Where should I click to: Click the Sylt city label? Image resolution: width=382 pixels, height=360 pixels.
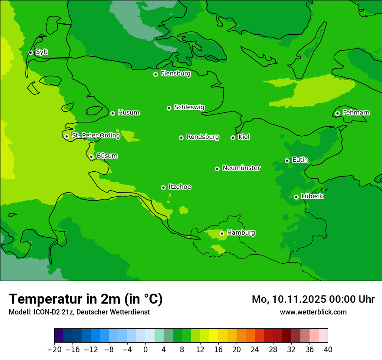click(x=42, y=52)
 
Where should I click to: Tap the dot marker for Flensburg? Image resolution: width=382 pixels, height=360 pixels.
click(x=155, y=74)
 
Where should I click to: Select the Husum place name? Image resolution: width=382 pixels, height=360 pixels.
click(x=128, y=113)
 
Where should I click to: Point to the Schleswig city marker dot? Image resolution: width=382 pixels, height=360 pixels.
click(x=169, y=108)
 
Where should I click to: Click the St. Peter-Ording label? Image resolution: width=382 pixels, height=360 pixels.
click(x=95, y=136)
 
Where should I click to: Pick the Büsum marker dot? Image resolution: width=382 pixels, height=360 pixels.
click(x=91, y=157)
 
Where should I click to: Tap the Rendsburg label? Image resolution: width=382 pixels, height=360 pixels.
click(x=203, y=137)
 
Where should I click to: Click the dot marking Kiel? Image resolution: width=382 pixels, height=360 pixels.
click(x=233, y=137)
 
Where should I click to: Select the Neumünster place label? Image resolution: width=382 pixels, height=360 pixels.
click(x=241, y=168)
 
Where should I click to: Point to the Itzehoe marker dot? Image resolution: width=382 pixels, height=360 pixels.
click(x=163, y=187)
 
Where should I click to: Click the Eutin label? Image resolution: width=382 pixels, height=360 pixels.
click(x=300, y=160)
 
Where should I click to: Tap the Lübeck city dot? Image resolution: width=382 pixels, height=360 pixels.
click(x=296, y=197)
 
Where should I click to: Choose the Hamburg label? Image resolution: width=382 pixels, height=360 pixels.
click(x=241, y=233)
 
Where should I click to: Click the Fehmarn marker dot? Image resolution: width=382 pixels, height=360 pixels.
click(x=337, y=113)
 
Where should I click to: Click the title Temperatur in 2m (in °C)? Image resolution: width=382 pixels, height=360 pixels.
click(x=86, y=299)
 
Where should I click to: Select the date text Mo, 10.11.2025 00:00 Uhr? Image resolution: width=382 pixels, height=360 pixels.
click(x=313, y=299)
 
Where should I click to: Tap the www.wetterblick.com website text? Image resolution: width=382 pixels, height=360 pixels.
click(x=313, y=312)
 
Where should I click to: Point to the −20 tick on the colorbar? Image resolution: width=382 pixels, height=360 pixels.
click(x=54, y=350)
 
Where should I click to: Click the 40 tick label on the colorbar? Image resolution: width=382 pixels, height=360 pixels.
click(x=328, y=350)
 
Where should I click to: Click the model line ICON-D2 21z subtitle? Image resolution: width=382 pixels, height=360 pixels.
click(x=79, y=312)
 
